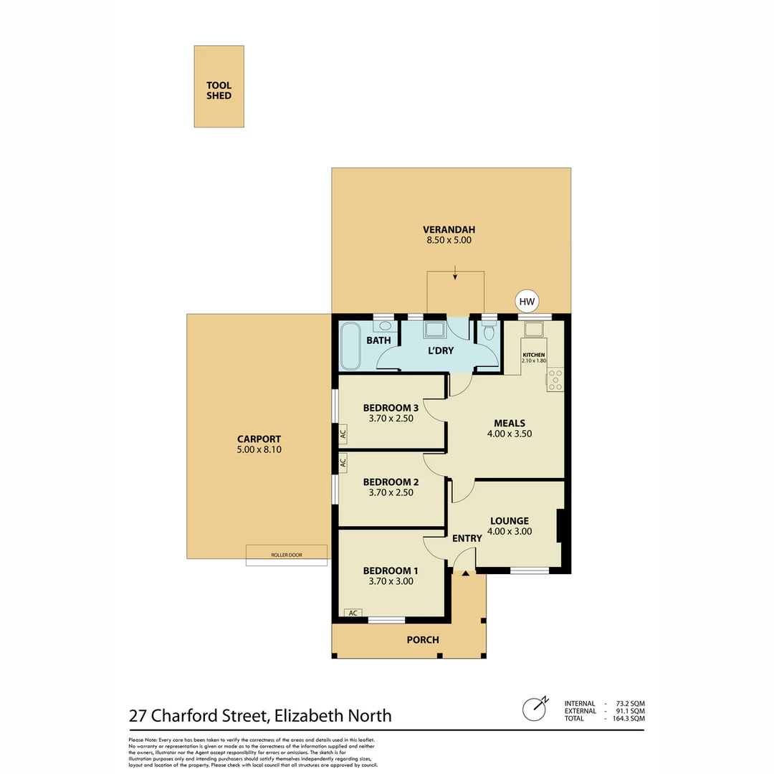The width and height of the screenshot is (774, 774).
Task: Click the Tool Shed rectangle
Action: click(219, 87)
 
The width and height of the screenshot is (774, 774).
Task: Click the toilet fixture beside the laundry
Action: click(489, 332)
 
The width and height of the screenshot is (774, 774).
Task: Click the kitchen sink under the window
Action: click(534, 330)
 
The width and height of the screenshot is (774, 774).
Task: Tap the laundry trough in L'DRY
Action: click(434, 330)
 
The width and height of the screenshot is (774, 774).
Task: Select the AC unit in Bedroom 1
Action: click(353, 613)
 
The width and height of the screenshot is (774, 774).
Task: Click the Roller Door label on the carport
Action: click(286, 555)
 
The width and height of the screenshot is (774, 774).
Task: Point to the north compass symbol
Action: click(534, 709)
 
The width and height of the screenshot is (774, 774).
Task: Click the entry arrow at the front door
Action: click(466, 573)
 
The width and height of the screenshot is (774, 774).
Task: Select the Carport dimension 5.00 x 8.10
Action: click(259, 450)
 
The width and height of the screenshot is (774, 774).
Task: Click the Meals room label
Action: click(509, 423)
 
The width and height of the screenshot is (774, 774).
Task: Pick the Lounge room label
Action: click(509, 521)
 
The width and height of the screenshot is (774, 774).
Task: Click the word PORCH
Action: click(422, 639)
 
